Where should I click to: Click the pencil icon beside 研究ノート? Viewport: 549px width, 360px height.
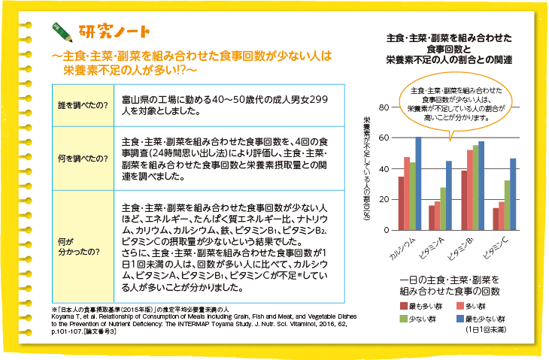[63, 32]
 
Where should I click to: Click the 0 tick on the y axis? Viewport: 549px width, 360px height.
[385, 230]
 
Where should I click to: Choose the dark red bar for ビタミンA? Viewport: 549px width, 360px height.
[432, 217]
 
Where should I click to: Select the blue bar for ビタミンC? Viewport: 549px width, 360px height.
[513, 194]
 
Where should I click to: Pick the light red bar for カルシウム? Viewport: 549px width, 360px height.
[407, 193]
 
